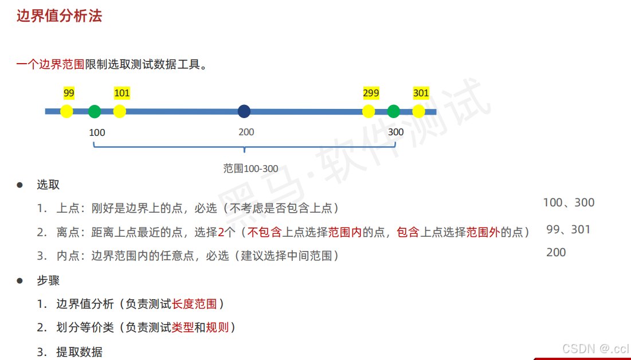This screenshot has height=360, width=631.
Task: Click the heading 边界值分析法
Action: [x=59, y=16]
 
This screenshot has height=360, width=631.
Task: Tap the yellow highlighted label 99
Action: [x=69, y=93]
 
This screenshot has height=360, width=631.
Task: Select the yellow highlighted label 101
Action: [x=122, y=93]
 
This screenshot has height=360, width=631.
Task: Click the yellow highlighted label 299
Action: [x=371, y=93]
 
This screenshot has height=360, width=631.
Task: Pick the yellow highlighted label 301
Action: [x=421, y=93]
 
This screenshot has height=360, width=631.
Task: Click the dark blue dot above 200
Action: [x=245, y=111]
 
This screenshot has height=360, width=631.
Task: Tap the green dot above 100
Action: [x=95, y=111]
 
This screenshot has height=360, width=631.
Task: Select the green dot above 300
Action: [x=393, y=111]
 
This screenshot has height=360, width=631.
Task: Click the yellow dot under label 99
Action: [x=67, y=111]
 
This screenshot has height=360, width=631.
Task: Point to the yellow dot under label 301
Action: [x=419, y=111]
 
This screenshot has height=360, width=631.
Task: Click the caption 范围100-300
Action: [x=250, y=169]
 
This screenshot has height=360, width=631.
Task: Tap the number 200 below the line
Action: [x=246, y=132]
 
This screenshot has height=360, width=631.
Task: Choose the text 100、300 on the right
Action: [x=569, y=202]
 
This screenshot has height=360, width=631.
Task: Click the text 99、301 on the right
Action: [x=568, y=229]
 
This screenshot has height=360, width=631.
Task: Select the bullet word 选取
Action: [x=48, y=185]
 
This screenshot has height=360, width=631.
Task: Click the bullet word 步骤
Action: [x=48, y=280]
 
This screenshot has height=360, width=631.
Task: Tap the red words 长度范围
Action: [x=194, y=304]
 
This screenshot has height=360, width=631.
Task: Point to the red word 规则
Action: [x=217, y=327]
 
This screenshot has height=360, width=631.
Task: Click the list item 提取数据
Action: [x=79, y=352]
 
